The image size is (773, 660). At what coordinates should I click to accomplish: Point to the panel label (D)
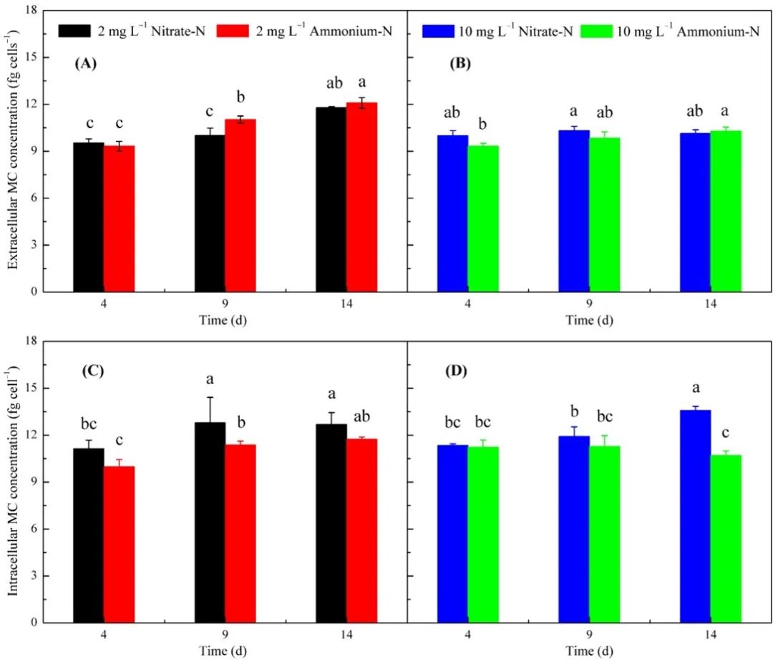pos(458,371)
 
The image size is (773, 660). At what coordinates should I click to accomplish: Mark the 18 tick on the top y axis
pos(31,11)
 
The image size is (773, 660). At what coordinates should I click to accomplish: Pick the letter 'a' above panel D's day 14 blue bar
pos(695,388)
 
